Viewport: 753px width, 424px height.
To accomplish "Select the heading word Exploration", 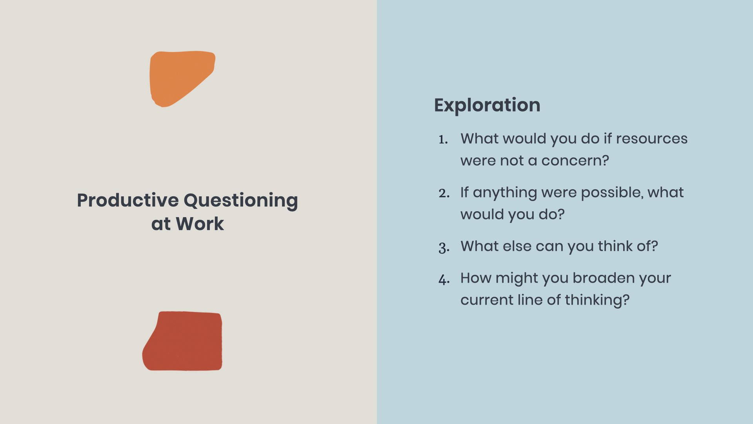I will tap(487, 105).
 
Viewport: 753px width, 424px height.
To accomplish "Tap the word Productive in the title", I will tap(128, 200).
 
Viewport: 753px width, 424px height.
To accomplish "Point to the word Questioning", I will tap(240, 201).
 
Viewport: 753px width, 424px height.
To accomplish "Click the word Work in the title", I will tap(200, 224).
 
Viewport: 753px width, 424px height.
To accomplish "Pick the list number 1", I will tap(443, 140).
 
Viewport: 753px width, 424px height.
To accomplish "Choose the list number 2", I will tap(444, 193).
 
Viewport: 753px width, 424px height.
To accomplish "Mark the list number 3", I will tap(444, 247).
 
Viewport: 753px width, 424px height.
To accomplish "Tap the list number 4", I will tap(444, 280).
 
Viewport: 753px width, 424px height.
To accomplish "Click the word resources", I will tap(651, 139).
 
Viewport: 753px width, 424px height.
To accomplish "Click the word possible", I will tap(611, 193).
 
